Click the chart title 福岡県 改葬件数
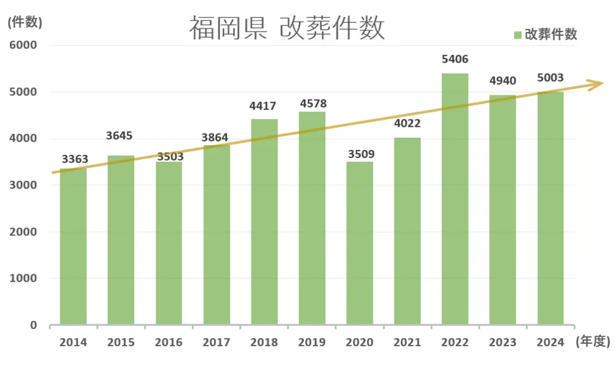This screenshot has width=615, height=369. [287, 28]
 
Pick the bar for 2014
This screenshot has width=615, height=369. [73, 246]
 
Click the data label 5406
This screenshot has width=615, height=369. [455, 60]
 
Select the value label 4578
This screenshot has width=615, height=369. [312, 103]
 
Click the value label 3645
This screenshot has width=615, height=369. [120, 135]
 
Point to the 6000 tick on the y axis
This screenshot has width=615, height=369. [23, 45]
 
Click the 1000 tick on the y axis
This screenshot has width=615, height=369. [23, 278]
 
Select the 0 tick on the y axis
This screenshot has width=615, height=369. [34, 325]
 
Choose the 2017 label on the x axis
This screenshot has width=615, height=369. [216, 343]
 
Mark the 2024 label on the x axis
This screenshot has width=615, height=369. [550, 343]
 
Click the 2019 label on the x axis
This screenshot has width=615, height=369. [312, 343]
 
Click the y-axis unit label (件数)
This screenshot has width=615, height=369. [25, 22]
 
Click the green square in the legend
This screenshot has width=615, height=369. [518, 34]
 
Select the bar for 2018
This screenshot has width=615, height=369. [264, 221]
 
